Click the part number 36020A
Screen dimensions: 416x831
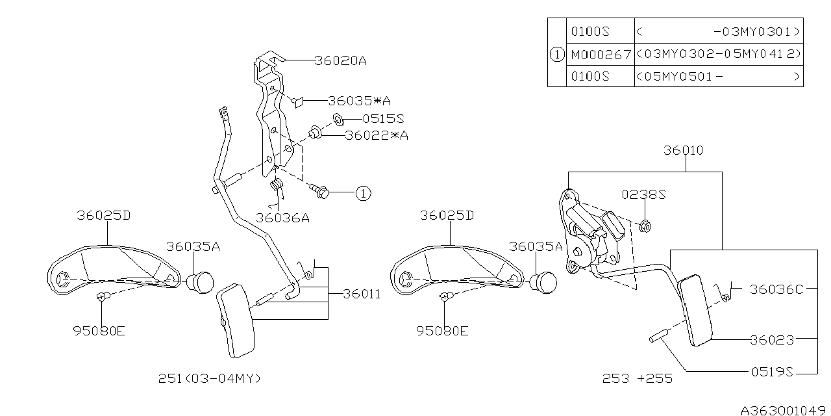(340, 61)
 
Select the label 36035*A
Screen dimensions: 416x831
(359, 101)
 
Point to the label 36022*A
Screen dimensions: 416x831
(377, 136)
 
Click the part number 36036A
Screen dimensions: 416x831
(282, 218)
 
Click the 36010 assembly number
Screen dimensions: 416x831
(683, 150)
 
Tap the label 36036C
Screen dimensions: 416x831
(776, 290)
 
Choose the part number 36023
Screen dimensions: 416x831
(772, 339)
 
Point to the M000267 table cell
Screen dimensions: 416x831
(601, 54)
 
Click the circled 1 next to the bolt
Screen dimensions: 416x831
(363, 192)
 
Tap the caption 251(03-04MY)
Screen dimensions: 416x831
(209, 378)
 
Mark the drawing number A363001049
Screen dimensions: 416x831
(784, 409)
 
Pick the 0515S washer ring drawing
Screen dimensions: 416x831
(338, 119)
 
